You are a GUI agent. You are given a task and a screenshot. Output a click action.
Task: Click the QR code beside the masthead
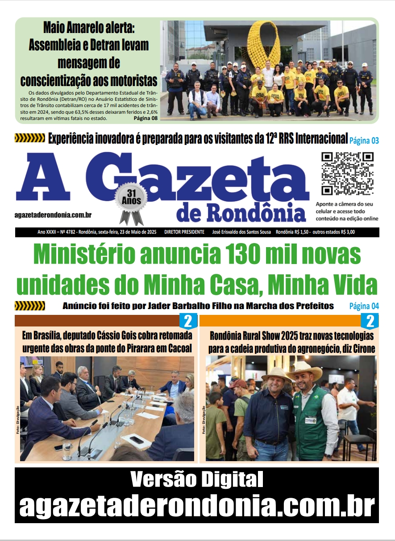coord(348,173)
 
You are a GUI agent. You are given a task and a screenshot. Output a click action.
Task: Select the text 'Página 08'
coord(146,119)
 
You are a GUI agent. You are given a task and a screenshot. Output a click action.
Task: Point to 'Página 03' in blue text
coord(364,141)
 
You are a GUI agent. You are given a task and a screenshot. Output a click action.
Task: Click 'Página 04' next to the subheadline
coord(364,306)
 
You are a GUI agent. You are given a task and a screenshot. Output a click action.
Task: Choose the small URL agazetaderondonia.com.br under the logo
coord(53,215)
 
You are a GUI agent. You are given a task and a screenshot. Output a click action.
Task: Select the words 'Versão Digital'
coord(197,480)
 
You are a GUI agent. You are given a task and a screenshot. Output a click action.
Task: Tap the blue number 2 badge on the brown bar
coord(188,321)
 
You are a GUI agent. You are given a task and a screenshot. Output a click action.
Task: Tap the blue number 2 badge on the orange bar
coord(370,321)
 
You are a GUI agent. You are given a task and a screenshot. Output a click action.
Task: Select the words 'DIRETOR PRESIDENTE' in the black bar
coord(184,232)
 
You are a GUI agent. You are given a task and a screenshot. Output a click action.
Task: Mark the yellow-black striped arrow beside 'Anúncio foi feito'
coord(30,306)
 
